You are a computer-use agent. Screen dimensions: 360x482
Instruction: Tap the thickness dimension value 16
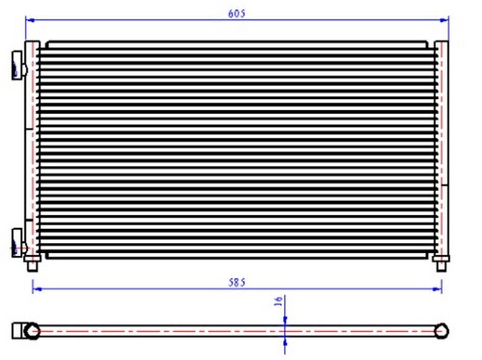[279, 302]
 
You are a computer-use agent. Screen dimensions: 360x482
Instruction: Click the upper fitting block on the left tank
[18, 63]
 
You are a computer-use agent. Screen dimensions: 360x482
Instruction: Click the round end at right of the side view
[443, 330]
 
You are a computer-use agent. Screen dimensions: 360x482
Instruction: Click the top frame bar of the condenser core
[241, 43]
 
